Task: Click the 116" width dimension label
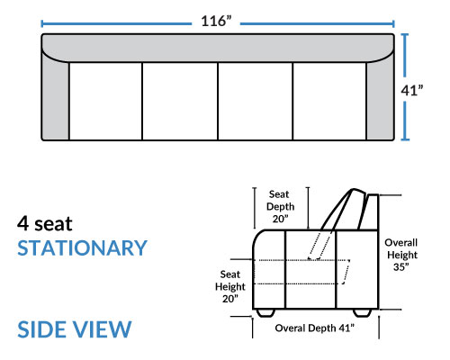(216, 22)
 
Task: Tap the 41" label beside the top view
(412, 90)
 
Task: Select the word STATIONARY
(82, 248)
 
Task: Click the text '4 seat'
(45, 224)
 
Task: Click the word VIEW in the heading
(102, 329)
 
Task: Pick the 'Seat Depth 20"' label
(280, 206)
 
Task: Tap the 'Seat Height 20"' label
(230, 286)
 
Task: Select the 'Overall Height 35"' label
(401, 255)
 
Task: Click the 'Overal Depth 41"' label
(314, 328)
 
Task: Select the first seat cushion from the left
(105, 101)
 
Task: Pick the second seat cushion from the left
(180, 101)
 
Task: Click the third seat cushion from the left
(256, 101)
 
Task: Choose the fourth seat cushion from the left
(329, 101)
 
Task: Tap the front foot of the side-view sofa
(265, 312)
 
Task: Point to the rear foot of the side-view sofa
(362, 312)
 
